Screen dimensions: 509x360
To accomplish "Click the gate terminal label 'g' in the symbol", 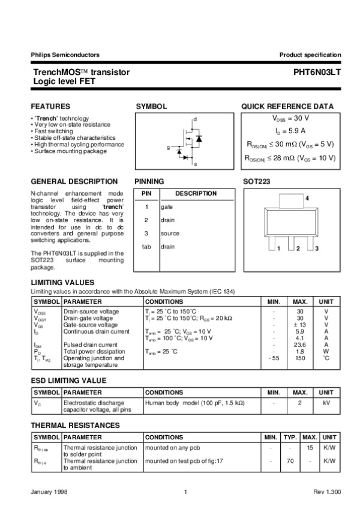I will (168, 147).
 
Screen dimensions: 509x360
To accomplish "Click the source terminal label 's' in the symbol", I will (195, 163).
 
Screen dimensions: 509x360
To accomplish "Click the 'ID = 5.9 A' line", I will (290, 131).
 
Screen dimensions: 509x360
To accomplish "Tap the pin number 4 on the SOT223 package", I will (307, 198).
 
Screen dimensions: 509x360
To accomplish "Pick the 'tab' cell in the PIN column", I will (146, 246).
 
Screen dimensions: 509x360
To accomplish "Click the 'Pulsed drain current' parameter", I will (91, 345).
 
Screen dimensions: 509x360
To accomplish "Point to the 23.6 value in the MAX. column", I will (300, 345).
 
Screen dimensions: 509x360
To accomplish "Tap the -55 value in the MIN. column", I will (273, 358).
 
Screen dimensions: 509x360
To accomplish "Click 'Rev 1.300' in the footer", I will (327, 492).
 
